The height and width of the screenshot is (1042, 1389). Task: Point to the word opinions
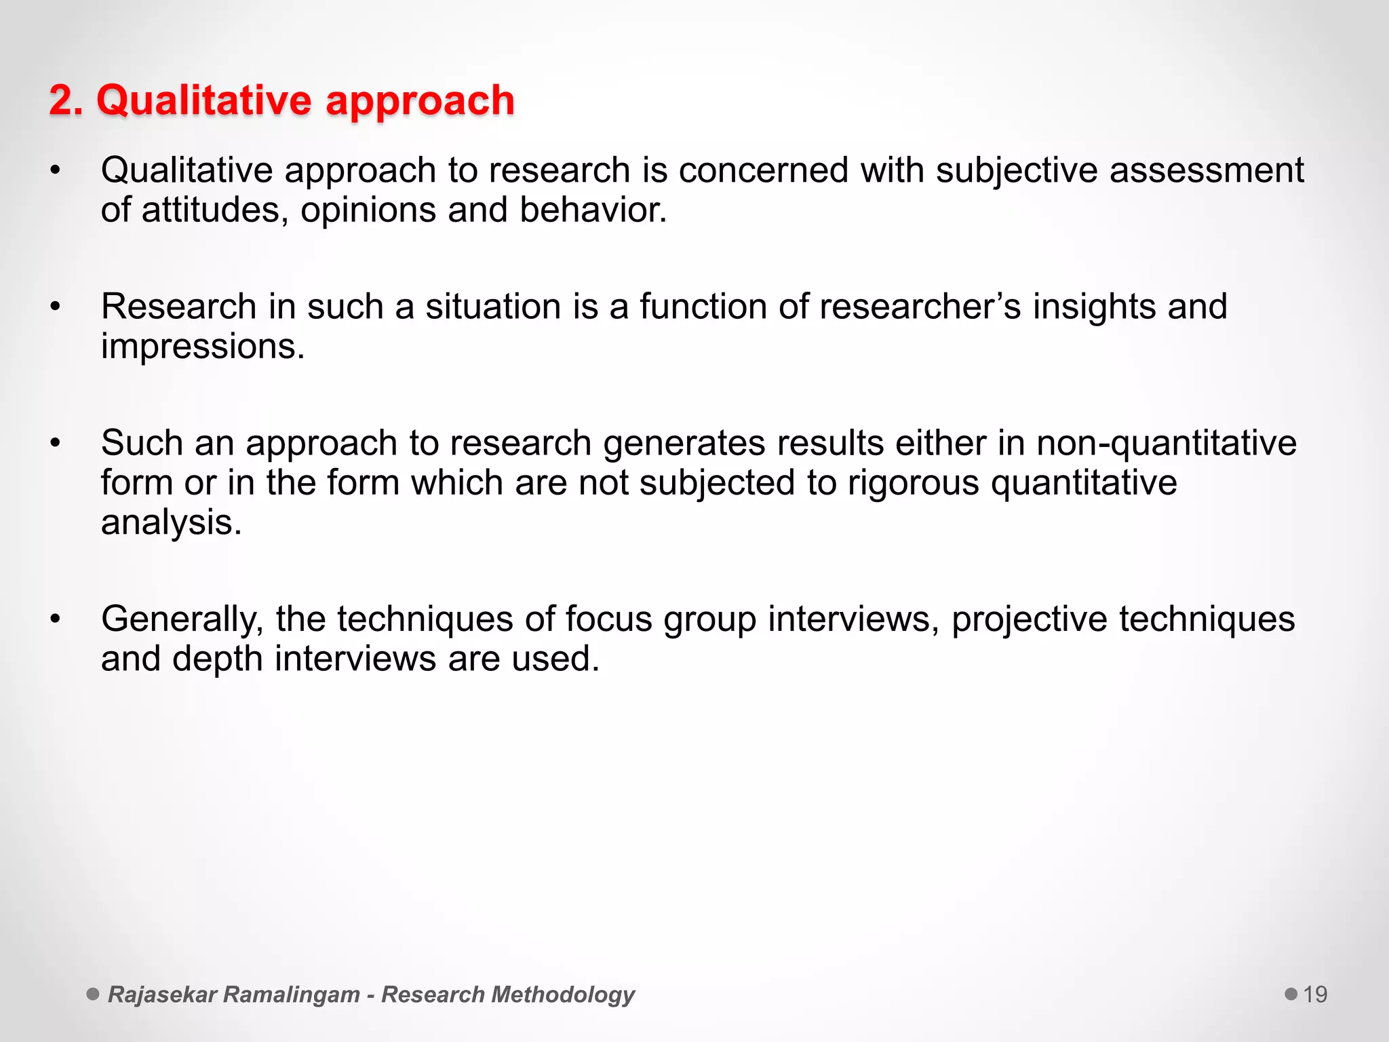[368, 210]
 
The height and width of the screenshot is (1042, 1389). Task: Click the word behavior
[593, 210]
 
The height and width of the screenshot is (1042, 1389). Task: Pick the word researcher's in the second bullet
[920, 306]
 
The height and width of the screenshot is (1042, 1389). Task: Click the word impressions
[202, 347]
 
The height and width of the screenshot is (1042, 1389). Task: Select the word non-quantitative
[1166, 443]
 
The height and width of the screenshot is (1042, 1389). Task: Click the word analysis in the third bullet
[171, 523]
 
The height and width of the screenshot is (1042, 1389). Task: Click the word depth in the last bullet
[216, 659]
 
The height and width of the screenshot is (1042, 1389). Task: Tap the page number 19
[1314, 995]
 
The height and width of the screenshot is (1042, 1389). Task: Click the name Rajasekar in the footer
[162, 995]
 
